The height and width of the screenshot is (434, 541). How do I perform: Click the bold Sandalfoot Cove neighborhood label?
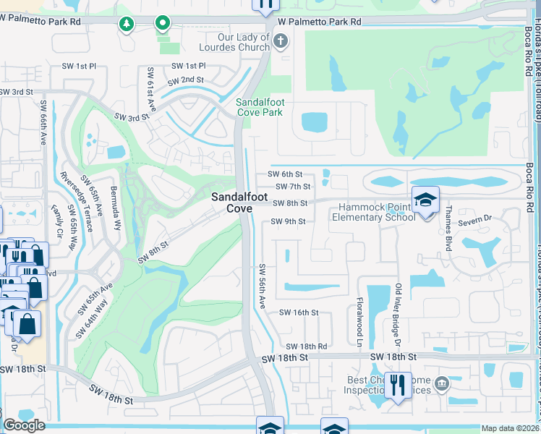(231, 203)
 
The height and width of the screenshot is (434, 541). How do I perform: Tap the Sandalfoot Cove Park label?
(260, 107)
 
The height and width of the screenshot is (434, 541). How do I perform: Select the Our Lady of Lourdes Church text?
(237, 42)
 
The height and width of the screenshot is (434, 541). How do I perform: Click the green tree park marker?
(127, 25)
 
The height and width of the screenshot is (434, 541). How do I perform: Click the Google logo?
(24, 425)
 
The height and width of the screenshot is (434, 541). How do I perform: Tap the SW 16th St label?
(299, 312)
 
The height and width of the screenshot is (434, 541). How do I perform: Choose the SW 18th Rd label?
(306, 347)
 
